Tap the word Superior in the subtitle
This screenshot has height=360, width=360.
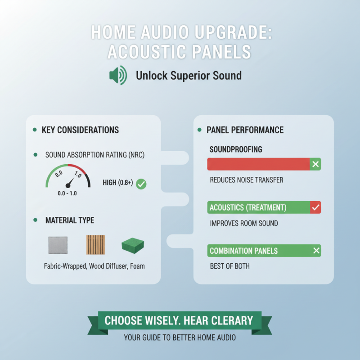coord(193,75)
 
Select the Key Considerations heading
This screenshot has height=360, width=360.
coord(80,130)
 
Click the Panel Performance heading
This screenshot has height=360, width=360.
coord(245,130)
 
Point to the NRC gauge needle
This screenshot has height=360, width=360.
coord(70,182)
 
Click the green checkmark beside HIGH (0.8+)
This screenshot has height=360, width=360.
coord(141,184)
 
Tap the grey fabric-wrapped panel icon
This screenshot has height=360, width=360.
coord(58,246)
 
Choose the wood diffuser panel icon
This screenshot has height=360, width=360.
coord(95,245)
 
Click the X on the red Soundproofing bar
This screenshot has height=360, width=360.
coord(315,164)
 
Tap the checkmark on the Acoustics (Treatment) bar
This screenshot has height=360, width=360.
coord(315,207)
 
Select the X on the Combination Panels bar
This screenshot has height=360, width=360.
coord(316,251)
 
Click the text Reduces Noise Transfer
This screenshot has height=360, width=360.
coord(247,180)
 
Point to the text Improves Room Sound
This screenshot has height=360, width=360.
coord(244,223)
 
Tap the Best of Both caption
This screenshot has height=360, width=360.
coord(229,266)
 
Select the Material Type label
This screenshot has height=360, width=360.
coord(70,220)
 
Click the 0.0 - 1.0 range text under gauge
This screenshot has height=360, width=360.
coord(68,193)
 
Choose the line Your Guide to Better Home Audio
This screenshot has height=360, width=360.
coord(180,337)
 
